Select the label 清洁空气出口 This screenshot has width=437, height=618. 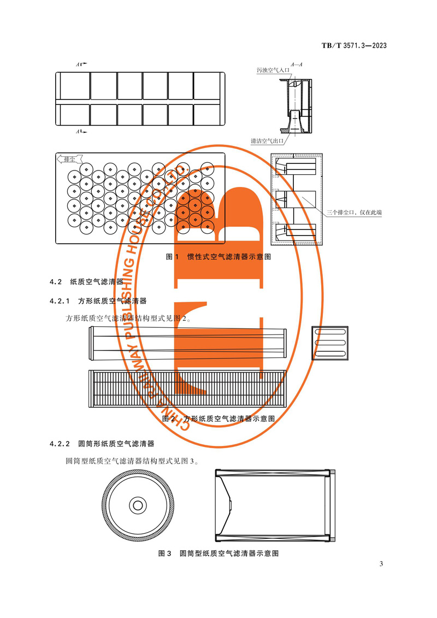pos(267,141)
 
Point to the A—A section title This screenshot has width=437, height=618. pos(297,64)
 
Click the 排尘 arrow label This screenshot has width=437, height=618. pos(69,159)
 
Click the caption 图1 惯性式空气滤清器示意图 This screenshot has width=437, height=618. pos(218,256)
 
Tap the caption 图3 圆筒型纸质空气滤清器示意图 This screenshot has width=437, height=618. pos(218,553)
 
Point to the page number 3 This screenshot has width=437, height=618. pos(381,564)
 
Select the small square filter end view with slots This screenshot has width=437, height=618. pos(329,342)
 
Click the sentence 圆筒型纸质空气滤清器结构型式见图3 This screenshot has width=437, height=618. pos(131,461)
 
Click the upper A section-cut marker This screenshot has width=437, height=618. pos(81,65)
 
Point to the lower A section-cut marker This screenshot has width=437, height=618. pos(81,132)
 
